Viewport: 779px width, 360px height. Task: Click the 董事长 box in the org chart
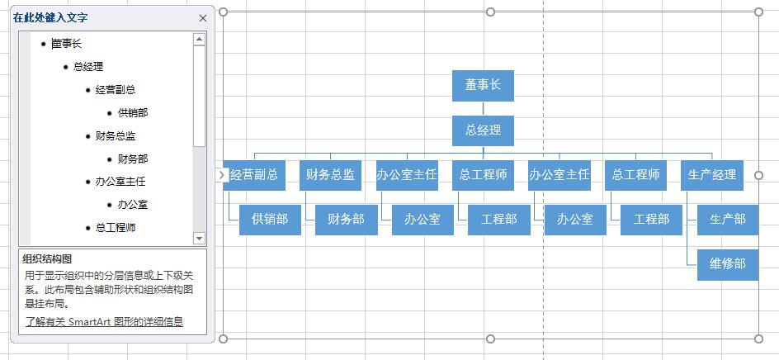pyautogui.click(x=483, y=85)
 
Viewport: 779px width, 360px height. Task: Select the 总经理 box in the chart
pyautogui.click(x=483, y=130)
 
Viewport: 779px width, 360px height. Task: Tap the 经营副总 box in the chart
pyautogui.click(x=253, y=175)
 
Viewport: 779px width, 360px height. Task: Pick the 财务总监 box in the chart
pyautogui.click(x=330, y=175)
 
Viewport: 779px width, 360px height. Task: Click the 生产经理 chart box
pyautogui.click(x=712, y=175)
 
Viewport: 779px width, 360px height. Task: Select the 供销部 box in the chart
pyautogui.click(x=270, y=220)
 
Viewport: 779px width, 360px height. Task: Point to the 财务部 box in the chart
pyautogui.click(x=346, y=220)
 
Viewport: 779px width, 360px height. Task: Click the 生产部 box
pyautogui.click(x=727, y=220)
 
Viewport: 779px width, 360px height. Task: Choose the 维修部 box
pyautogui.click(x=727, y=264)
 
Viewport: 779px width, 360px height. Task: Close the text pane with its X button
pyautogui.click(x=203, y=17)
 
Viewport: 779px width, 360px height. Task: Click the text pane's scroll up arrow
pyautogui.click(x=199, y=39)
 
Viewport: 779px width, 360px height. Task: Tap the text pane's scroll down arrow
pyautogui.click(x=199, y=238)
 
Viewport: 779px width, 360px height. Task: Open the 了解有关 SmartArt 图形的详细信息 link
pyautogui.click(x=103, y=322)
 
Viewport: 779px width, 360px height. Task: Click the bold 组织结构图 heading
pyautogui.click(x=47, y=258)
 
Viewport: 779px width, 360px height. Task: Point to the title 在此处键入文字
pyautogui.click(x=50, y=17)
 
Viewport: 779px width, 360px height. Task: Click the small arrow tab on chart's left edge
pyautogui.click(x=221, y=174)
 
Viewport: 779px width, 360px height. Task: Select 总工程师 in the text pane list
pyautogui.click(x=116, y=227)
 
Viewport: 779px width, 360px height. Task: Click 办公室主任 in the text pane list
pyautogui.click(x=120, y=181)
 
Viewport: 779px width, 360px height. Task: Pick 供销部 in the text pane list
pyautogui.click(x=133, y=112)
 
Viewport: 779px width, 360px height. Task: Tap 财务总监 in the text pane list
pyautogui.click(x=116, y=135)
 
